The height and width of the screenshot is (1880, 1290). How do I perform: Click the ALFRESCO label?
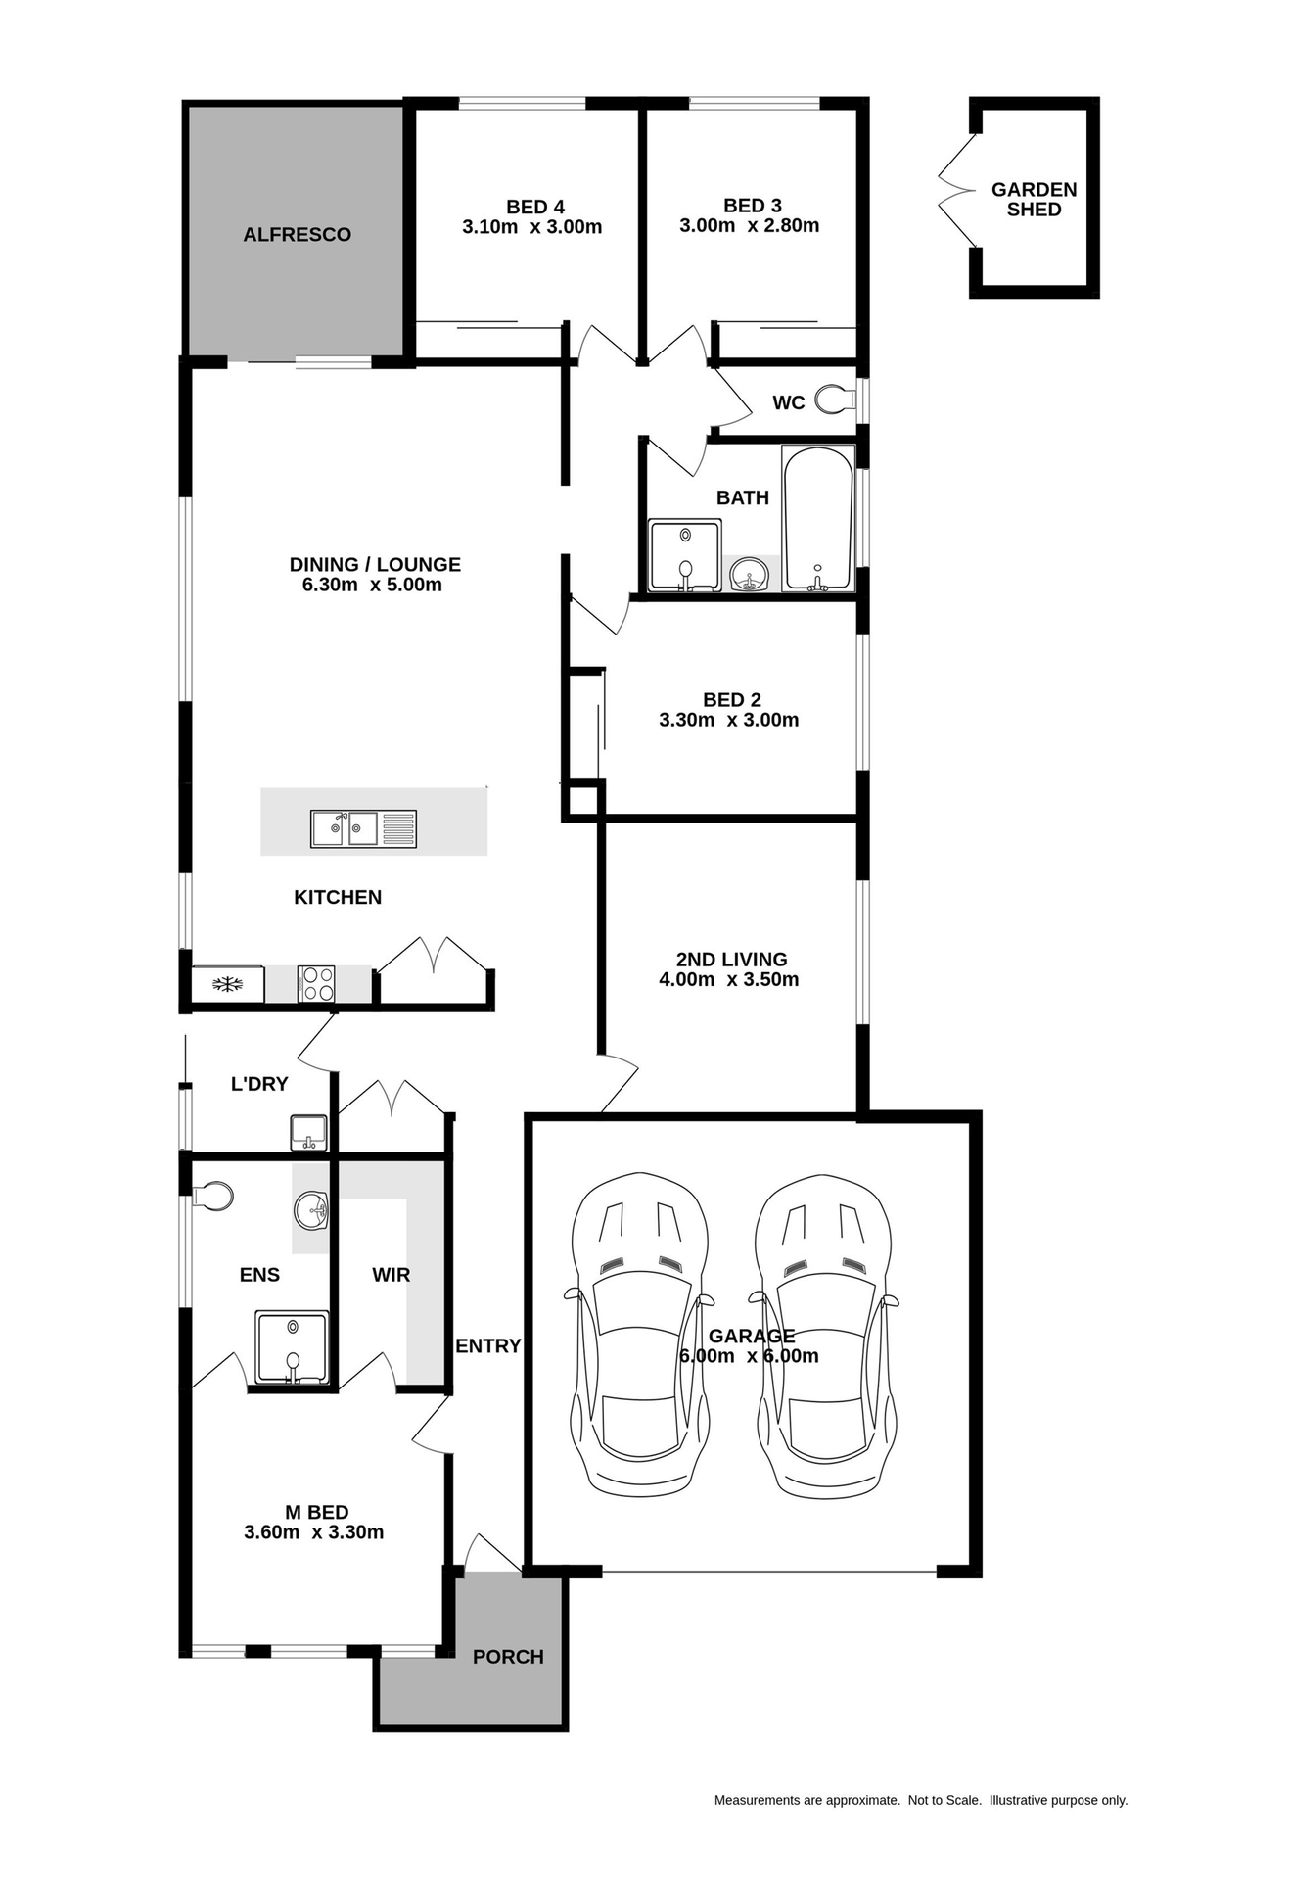pos(297,235)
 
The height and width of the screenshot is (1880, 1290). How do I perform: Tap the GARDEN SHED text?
pos(1034,200)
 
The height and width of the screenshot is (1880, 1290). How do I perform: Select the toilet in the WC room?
pos(835,399)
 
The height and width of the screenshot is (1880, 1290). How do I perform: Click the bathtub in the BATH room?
pos(818,518)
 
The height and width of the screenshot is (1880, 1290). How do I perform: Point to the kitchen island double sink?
pos(363,828)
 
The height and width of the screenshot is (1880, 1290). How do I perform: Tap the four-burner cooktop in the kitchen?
pos(316,983)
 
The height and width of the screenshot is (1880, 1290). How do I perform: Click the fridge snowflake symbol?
pos(227,984)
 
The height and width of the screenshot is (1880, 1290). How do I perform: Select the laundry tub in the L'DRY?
pos(308,1133)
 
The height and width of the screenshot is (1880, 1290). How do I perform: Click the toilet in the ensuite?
pos(213,1196)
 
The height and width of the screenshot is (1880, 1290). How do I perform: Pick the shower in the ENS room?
pos(292,1347)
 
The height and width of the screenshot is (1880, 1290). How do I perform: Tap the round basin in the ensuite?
pos(311,1210)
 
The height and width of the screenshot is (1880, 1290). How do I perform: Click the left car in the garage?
pos(638,1334)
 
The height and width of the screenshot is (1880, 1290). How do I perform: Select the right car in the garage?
pos(824,1334)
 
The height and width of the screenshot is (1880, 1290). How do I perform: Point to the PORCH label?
pos(508,1657)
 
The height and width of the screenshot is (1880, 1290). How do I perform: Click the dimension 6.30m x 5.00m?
pos(372,585)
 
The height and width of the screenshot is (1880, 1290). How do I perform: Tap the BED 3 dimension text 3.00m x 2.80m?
pos(749,225)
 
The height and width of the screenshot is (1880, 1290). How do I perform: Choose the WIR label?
pos(391,1275)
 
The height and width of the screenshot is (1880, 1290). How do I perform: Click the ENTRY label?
pos(487,1346)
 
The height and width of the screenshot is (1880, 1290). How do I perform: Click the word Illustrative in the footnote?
pos(1018,1800)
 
